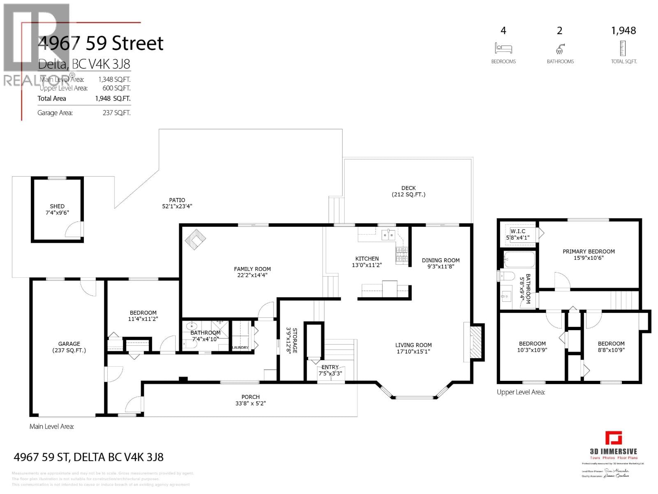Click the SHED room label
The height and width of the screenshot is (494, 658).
[57, 206]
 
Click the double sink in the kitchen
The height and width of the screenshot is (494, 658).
[388, 235]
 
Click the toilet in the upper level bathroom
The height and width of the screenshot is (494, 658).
[506, 275]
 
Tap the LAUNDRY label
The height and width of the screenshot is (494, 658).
[240, 347]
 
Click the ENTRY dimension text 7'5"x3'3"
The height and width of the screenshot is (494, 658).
[330, 374]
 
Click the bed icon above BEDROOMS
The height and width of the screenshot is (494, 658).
[503, 48]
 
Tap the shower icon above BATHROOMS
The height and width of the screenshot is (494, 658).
[560, 49]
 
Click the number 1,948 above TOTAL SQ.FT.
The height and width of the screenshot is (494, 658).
[623, 30]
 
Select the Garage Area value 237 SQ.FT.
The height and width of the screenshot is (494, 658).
[116, 113]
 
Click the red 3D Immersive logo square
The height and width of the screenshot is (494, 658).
[614, 438]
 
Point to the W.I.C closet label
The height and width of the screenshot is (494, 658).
[518, 231]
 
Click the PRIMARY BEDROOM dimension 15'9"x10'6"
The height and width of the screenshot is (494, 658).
[588, 258]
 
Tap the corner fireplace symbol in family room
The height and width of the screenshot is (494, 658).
[195, 240]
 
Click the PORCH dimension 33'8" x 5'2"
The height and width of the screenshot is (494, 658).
[250, 403]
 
